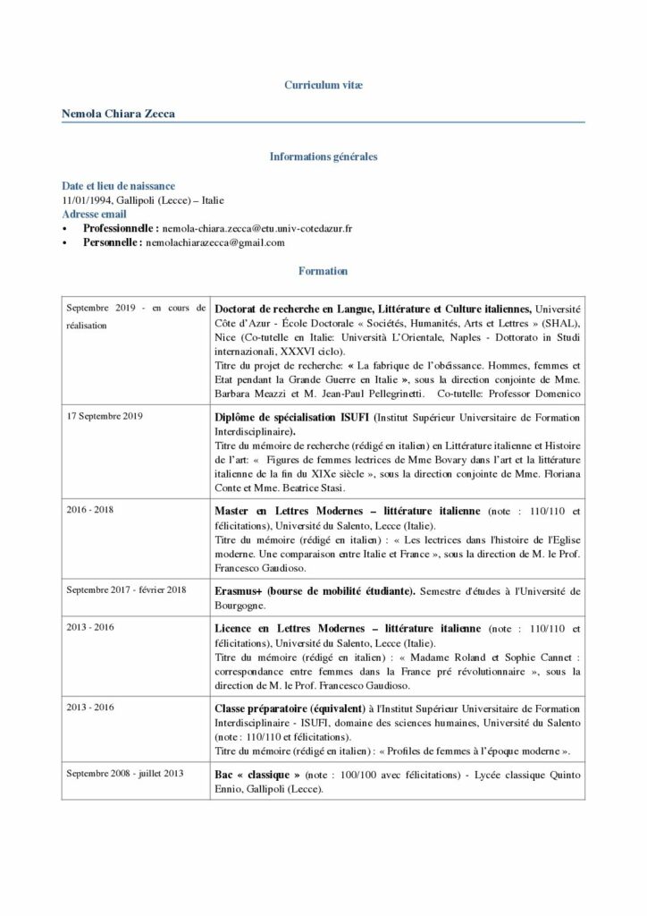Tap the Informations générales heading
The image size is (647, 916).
(x=323, y=157)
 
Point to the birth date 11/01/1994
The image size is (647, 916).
(x=88, y=200)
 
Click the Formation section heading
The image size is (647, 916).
(x=323, y=270)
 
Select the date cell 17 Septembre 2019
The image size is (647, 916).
(x=105, y=416)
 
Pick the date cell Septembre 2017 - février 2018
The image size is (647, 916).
(x=126, y=589)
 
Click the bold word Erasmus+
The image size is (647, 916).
(x=239, y=590)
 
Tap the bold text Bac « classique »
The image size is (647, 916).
(x=257, y=773)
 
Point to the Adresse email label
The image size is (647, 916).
(x=94, y=215)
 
